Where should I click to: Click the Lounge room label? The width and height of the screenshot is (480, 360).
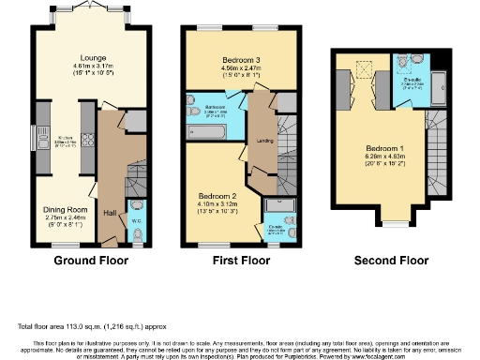point(79,56)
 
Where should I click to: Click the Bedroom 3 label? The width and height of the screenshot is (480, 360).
point(229,59)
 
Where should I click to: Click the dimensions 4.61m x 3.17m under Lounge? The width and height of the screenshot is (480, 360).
point(79,65)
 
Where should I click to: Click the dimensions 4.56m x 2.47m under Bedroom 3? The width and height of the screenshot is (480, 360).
point(229,67)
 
